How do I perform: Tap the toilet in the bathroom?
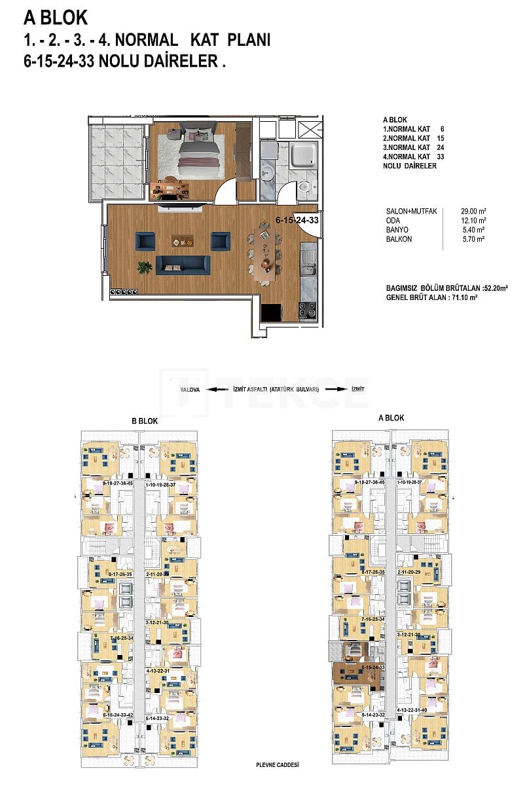tap(303, 188)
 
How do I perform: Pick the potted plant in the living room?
tap(145, 267)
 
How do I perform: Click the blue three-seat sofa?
tap(183, 265)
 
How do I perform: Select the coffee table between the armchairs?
tap(183, 240)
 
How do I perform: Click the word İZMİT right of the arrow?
tap(357, 389)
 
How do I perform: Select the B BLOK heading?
tap(145, 421)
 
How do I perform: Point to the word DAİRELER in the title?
tap(184, 62)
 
